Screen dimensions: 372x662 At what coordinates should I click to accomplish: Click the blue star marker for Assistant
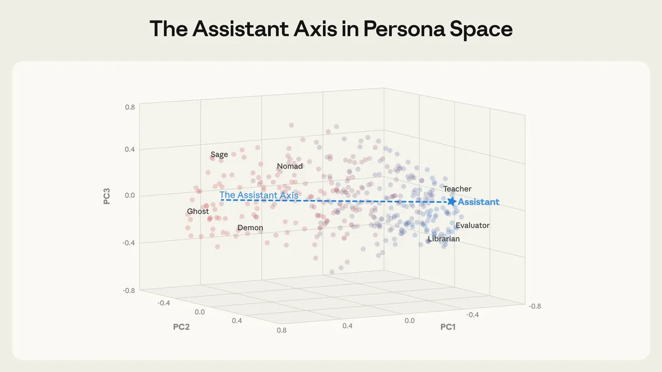(452, 202)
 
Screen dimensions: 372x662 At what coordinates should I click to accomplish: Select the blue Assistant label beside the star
(479, 202)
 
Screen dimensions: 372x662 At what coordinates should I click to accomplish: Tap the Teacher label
(457, 189)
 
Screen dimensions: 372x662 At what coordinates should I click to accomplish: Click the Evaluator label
(473, 225)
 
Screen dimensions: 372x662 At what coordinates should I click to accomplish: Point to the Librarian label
(444, 239)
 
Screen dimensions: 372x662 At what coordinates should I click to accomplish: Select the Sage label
(219, 155)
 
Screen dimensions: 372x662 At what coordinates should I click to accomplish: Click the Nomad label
(290, 166)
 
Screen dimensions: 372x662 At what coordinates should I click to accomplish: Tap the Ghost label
(198, 212)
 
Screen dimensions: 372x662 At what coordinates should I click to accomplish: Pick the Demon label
(250, 228)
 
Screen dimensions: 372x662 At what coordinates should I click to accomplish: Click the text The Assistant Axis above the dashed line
(259, 195)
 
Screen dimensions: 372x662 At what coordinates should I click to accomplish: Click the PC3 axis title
(108, 196)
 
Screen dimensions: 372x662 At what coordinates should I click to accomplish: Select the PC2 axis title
(182, 327)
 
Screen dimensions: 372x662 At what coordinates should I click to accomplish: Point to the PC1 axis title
(448, 327)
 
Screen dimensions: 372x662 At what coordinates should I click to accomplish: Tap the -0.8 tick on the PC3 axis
(129, 290)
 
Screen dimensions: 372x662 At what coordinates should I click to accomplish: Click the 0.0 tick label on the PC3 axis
(130, 196)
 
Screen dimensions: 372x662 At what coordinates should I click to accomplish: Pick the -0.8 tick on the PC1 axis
(534, 306)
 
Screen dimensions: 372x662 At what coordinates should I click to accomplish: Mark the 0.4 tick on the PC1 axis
(347, 326)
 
